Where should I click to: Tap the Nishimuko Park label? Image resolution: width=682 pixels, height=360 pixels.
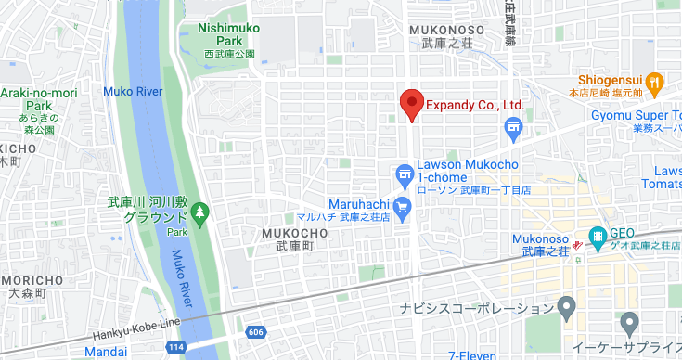229,34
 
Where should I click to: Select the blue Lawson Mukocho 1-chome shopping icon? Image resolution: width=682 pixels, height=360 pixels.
404,174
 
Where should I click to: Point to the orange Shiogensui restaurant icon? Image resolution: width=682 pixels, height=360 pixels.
655,81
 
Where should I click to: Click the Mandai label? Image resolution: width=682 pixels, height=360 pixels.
105,353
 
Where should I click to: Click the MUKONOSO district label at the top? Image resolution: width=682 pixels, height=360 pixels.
446,30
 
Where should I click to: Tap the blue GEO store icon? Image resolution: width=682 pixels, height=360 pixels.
598,236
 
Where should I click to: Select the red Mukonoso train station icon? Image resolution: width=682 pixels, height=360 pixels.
577,245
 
